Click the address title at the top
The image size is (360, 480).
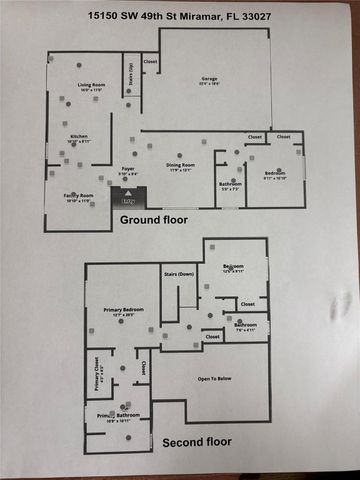click(x=179, y=15)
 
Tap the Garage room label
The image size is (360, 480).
click(x=209, y=80)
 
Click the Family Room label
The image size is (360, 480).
click(x=79, y=196)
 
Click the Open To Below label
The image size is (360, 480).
click(x=218, y=378)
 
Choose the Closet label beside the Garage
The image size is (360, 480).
click(x=151, y=63)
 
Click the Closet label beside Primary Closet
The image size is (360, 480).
click(x=143, y=368)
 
